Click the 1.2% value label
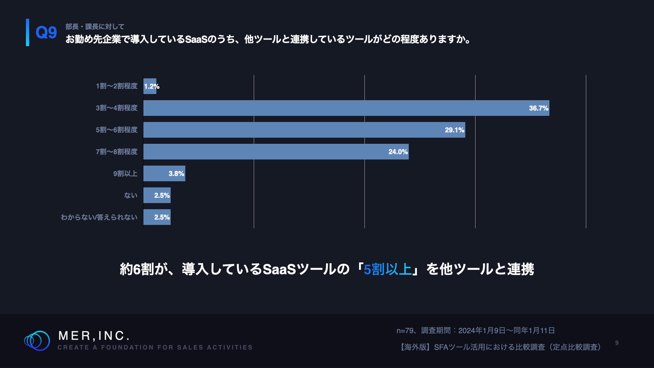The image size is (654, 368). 152,86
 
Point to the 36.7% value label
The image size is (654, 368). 538,108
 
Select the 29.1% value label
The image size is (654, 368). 454,130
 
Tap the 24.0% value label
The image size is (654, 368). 398,152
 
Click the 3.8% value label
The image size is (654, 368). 176,173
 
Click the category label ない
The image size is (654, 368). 130,195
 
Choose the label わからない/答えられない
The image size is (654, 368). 99,217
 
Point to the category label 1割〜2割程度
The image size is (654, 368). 116,86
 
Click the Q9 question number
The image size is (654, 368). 46,33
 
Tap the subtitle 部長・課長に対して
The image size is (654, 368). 95,27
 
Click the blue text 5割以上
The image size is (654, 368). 387,269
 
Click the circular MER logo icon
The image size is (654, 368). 37,340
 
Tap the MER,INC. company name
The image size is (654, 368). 94,336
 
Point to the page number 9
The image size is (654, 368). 617,343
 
